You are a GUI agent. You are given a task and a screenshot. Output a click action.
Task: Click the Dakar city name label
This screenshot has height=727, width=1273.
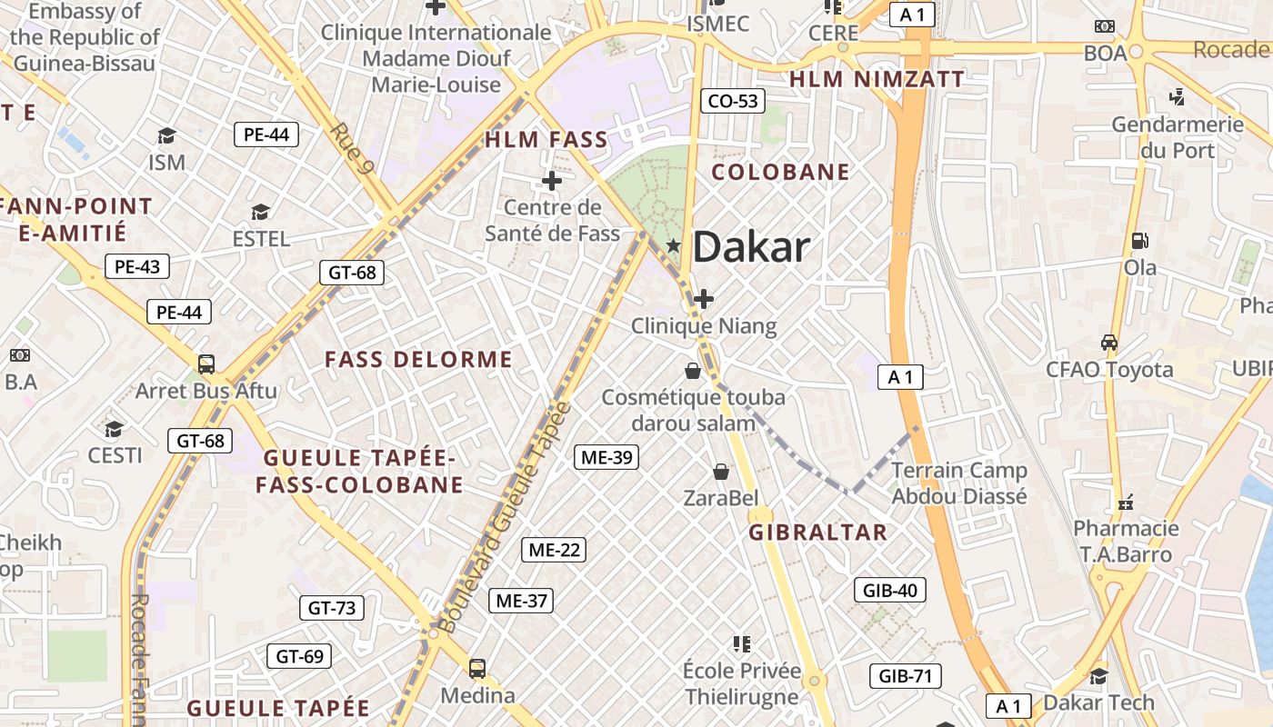click(751, 247)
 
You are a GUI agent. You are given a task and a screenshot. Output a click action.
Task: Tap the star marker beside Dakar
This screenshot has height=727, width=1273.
click(674, 245)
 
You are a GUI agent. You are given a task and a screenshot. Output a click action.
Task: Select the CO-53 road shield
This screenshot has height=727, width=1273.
click(732, 101)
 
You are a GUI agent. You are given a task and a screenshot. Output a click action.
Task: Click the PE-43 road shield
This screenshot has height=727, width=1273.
click(136, 267)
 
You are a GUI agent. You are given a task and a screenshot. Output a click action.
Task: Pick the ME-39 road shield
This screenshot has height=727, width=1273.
click(606, 457)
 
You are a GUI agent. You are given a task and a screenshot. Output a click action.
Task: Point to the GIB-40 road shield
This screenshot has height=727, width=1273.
click(890, 591)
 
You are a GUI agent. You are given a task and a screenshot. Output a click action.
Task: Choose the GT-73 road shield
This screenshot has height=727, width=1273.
click(332, 608)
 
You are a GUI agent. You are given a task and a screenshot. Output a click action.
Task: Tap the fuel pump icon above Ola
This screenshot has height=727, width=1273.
click(1138, 241)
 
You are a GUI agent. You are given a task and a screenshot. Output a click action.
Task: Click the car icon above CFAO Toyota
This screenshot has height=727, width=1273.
click(1108, 343)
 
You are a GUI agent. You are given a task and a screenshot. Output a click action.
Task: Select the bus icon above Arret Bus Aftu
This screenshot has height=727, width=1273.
click(205, 364)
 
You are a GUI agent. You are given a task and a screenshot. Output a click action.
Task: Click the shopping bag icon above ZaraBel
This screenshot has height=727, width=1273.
click(721, 472)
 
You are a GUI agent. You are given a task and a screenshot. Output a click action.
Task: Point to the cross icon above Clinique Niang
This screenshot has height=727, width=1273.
click(704, 298)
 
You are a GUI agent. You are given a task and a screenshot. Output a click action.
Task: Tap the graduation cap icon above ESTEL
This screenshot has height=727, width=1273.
click(261, 213)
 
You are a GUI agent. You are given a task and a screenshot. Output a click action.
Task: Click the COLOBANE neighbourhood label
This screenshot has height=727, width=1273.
click(780, 172)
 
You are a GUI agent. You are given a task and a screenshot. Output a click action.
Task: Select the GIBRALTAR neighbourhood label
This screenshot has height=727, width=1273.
click(817, 533)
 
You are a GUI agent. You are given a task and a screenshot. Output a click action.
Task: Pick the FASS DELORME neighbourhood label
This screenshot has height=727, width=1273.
click(418, 360)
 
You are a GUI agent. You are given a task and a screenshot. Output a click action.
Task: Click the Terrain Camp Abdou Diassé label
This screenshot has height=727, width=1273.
click(959, 483)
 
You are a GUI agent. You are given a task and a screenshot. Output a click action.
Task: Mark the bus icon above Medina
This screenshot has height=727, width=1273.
click(477, 669)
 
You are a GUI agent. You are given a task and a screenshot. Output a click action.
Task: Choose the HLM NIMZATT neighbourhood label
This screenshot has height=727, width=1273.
click(876, 80)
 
